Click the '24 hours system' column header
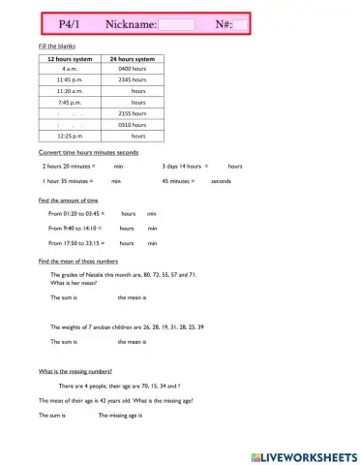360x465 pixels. click(x=132, y=59)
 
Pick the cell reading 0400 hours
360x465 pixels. click(x=132, y=70)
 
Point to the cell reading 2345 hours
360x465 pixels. click(x=132, y=80)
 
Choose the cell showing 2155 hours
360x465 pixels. click(x=132, y=112)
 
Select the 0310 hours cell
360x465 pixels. click(x=132, y=124)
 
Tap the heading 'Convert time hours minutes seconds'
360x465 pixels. click(x=88, y=153)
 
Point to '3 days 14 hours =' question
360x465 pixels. click(x=188, y=167)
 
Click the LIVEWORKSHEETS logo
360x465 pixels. click(x=303, y=455)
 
